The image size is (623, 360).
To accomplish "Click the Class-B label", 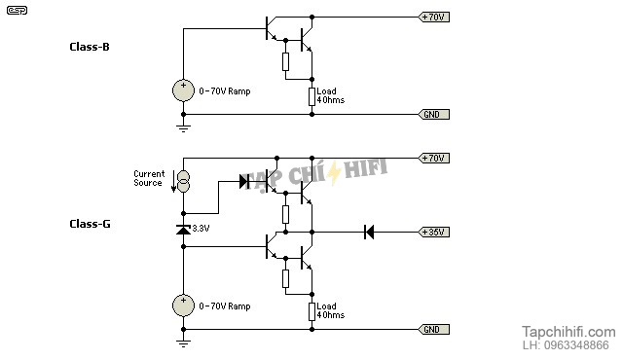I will tap(89, 46).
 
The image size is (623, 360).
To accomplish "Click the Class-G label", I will tap(90, 224).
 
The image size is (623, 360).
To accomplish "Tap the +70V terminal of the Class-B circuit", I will tap(433, 17).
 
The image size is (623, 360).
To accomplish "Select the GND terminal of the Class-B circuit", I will tap(433, 114).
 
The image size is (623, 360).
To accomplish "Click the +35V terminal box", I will tap(433, 232).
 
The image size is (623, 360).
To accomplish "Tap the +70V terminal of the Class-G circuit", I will tap(433, 158).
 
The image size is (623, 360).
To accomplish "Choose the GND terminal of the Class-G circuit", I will tap(433, 329).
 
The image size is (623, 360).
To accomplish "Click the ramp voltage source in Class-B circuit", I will tap(183, 90).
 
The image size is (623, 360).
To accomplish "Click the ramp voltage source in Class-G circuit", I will tap(183, 306).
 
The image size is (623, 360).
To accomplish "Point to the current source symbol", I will tap(183, 180).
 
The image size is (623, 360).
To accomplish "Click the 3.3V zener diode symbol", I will tap(183, 230).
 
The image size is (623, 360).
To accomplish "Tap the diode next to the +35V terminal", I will tap(369, 232).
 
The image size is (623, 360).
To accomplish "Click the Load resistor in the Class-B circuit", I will tap(311, 95).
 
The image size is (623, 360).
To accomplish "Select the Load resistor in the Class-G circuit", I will tap(311, 310).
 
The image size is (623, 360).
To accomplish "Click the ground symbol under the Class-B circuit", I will tap(183, 126).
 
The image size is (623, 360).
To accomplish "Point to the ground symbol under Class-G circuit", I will tap(183, 342).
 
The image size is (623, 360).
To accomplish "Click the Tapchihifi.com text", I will tap(568, 331).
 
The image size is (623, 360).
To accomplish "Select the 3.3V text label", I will tap(202, 229).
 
